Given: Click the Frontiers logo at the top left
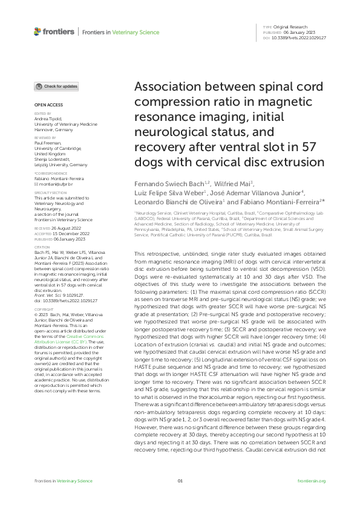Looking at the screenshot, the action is coord(54,31).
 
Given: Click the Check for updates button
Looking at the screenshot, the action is coord(56,86).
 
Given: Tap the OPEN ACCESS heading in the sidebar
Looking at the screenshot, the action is coord(46,105).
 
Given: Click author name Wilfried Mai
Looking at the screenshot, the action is coord(232,183).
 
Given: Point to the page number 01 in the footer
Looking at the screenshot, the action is coord(180,481).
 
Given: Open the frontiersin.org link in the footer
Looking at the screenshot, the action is coord(312,481).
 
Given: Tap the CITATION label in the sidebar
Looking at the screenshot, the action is coord(41,247).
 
